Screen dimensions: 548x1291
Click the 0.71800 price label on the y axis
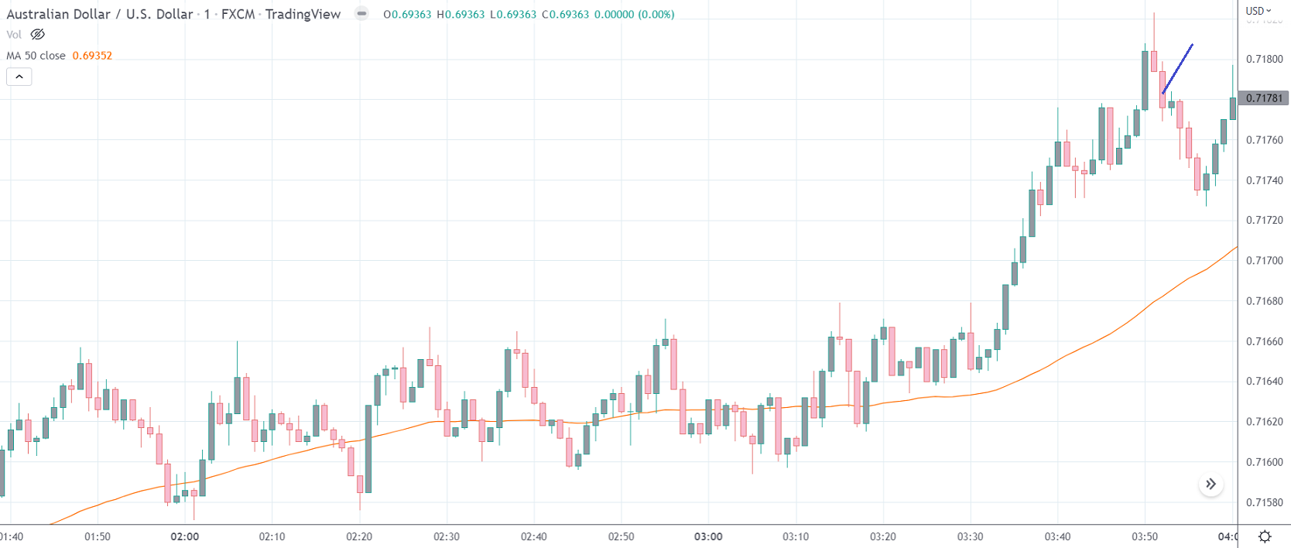[1264, 59]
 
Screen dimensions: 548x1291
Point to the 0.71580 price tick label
[1264, 502]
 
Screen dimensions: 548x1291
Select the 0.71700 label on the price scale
[1264, 261]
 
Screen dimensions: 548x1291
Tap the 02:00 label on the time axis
[185, 536]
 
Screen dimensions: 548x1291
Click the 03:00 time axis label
[708, 536]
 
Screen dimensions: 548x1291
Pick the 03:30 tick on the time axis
[970, 536]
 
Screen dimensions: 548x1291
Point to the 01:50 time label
[98, 536]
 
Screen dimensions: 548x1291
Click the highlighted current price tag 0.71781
[1264, 98]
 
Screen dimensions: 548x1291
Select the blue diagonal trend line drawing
[1177, 69]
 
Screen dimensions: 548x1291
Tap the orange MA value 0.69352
[92, 56]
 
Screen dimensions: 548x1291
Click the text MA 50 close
[36, 56]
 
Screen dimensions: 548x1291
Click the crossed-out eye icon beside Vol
[37, 34]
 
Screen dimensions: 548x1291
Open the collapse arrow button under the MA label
[19, 77]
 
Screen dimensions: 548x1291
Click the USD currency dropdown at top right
[1258, 11]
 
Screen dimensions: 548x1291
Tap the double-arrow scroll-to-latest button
[1211, 485]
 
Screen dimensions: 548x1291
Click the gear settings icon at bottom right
[1265, 536]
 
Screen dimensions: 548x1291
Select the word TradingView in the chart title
[303, 14]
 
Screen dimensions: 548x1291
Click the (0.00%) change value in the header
[656, 14]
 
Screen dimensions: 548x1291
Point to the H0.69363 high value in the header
[461, 14]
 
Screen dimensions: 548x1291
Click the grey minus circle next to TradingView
[361, 13]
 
